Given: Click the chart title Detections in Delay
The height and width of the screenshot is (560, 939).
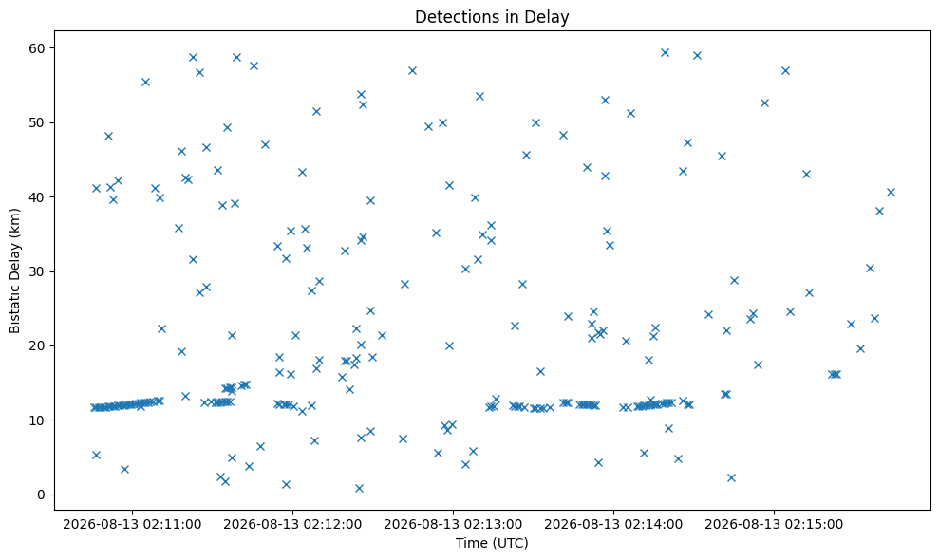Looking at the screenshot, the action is coord(492,17).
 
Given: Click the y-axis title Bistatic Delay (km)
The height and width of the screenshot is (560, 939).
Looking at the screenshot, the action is coord(14,271).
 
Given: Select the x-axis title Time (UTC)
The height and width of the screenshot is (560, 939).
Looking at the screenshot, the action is coord(492,543).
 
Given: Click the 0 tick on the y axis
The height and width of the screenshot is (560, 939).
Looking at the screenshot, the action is coord(43,495).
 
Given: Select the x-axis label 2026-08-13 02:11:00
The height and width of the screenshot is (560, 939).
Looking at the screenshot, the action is coord(132,525).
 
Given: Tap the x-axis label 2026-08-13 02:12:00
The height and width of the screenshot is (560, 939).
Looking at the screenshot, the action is coord(292,525).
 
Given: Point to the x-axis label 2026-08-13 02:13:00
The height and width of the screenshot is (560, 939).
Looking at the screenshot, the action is coord(453,525).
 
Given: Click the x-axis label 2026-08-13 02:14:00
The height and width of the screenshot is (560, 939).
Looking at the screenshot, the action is coord(613,525).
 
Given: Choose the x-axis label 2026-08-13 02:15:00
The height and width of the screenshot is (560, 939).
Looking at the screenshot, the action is coord(774,525).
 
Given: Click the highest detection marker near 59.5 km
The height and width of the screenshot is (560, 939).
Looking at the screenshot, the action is coord(665,53).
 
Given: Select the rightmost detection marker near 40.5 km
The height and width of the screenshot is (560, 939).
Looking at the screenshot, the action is coord(891,193).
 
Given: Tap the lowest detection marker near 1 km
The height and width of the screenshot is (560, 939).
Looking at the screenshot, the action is coord(359,488).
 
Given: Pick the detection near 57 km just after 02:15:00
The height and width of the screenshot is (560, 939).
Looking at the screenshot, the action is coord(786,70).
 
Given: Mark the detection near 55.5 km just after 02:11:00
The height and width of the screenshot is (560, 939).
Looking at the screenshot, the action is coord(145,82).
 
